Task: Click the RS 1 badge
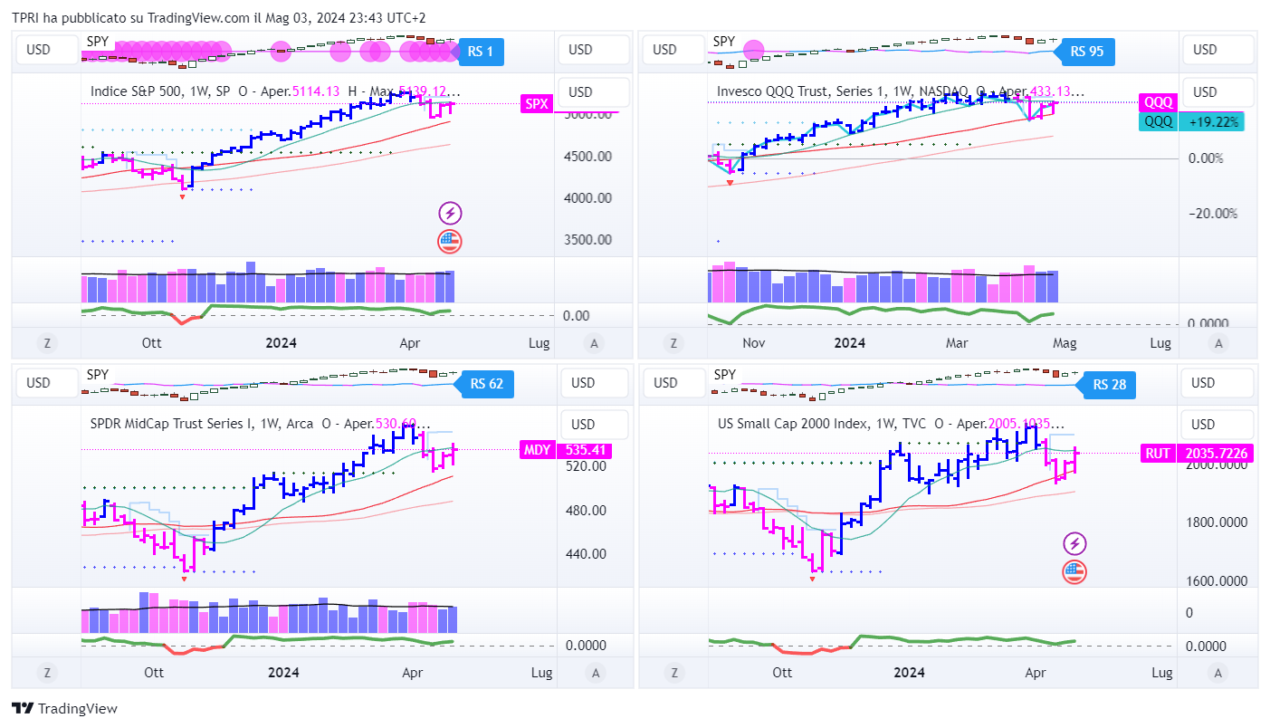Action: coord(481,52)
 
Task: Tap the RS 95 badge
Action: coord(1086,52)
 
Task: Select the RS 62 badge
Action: coord(486,384)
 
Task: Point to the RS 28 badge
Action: coord(1109,385)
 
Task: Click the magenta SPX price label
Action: coord(536,104)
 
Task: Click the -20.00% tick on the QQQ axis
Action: coord(1211,214)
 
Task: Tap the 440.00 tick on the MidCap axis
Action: coord(586,554)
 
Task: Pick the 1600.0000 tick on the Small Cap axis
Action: coord(1217,581)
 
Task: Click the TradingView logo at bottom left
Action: coord(64,709)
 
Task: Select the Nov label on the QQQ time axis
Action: coord(754,343)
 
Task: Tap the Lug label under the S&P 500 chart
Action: coord(539,343)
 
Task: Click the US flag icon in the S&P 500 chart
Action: coord(450,241)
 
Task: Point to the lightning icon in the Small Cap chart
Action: coord(1074,543)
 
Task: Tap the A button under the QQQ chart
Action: coord(1218,343)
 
